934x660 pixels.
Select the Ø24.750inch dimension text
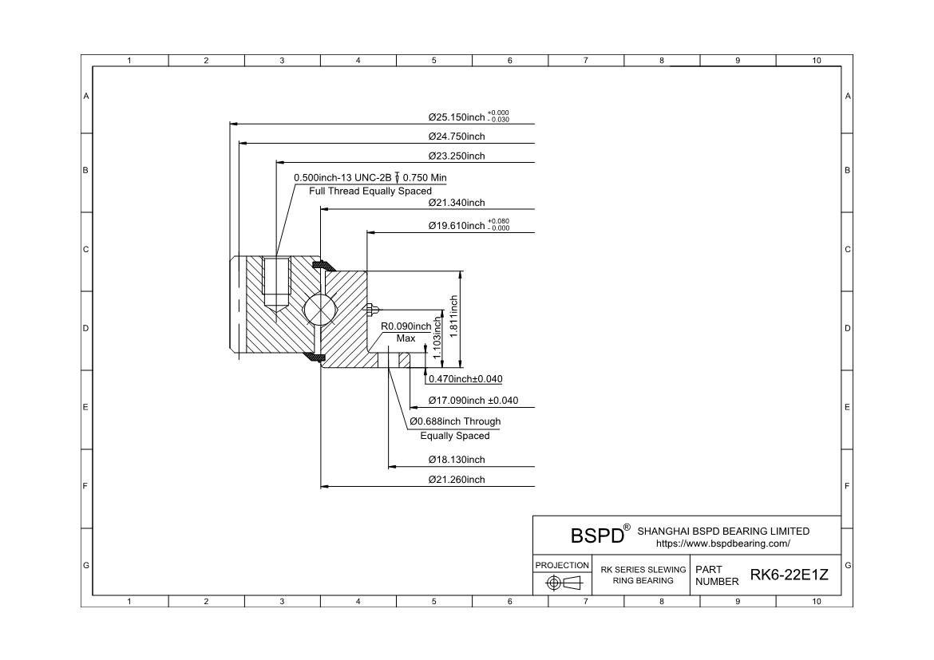456,136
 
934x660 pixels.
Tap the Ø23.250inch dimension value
456,156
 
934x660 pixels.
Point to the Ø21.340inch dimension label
456,203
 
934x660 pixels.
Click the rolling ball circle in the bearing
320,310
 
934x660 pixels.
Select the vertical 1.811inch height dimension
453,316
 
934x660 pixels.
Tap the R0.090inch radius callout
406,326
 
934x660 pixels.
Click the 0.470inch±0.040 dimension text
465,379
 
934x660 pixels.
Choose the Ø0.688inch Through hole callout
455,421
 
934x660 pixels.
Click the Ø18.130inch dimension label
456,460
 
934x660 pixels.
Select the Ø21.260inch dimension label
456,480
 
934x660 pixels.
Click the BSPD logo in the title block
597,535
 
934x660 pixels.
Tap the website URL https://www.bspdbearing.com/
722,543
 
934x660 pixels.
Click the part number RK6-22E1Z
790,575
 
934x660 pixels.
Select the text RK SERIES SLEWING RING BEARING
643,575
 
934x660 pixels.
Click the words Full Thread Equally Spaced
370,192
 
